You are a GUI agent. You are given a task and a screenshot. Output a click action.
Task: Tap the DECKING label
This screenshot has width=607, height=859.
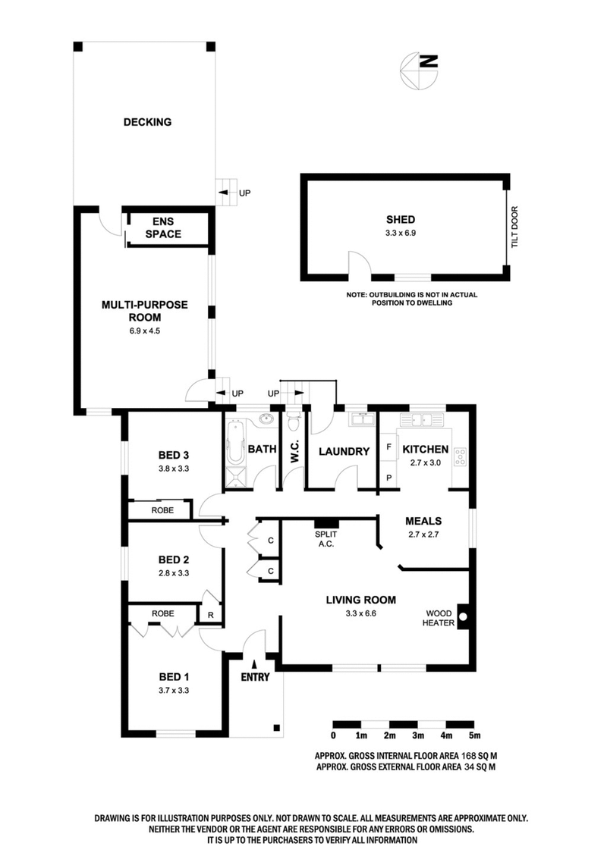point(147,121)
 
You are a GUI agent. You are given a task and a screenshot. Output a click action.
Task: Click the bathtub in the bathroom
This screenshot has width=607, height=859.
point(232,447)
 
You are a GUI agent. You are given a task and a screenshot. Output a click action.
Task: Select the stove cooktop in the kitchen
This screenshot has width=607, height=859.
point(460,456)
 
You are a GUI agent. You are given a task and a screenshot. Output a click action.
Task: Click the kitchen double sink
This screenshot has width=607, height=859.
point(422,419)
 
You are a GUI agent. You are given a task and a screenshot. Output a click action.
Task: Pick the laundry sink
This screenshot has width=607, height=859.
point(358,419)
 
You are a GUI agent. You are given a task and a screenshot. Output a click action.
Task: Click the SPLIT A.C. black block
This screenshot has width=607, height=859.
point(327,523)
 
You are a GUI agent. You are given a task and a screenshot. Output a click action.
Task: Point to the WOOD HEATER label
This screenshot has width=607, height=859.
point(439,617)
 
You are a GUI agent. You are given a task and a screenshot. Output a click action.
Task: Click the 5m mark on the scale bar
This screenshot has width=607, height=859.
point(474,735)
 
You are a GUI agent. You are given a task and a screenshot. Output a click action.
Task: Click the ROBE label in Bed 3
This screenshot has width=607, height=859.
point(162,511)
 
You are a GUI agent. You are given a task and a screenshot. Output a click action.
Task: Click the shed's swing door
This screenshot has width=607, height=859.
point(358,265)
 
